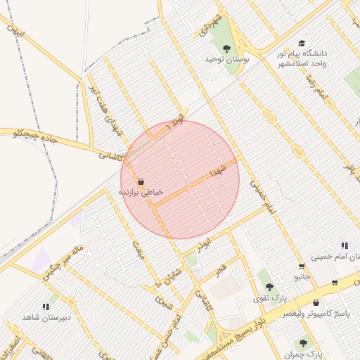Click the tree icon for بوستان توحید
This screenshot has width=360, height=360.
(x=226, y=49)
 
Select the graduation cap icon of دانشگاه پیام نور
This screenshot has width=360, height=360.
(x=302, y=44)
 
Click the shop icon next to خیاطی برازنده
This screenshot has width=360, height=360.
(x=141, y=181)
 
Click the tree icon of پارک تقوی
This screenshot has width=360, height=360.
(x=269, y=287)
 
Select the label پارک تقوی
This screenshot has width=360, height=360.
(x=271, y=298)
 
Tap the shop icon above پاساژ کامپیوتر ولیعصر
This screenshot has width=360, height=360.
(x=316, y=302)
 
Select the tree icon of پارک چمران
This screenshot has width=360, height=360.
(x=303, y=343)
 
